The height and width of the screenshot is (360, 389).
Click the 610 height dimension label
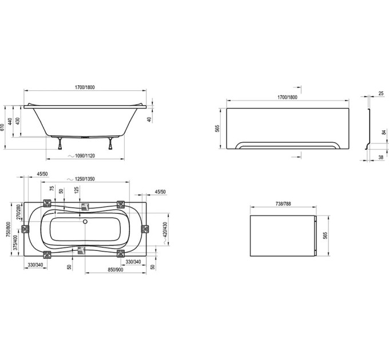[2, 127]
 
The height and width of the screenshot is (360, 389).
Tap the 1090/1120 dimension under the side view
[85, 156]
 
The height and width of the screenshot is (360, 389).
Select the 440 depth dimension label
[10, 121]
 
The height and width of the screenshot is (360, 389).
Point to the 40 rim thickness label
[149, 119]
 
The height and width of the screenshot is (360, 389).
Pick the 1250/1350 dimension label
[85, 179]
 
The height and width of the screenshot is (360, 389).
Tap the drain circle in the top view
[85, 222]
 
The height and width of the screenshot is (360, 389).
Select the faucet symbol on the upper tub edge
[85, 207]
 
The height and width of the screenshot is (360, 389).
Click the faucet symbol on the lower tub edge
[82, 250]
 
